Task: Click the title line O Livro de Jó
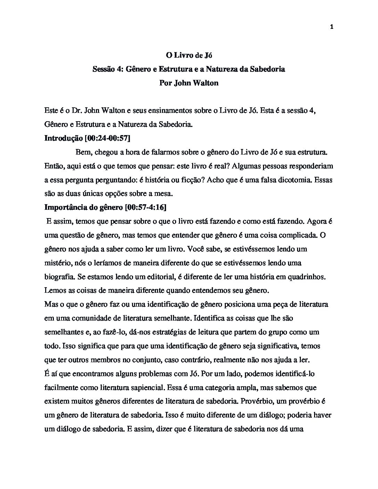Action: point(189,55)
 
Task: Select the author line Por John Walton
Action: point(189,83)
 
